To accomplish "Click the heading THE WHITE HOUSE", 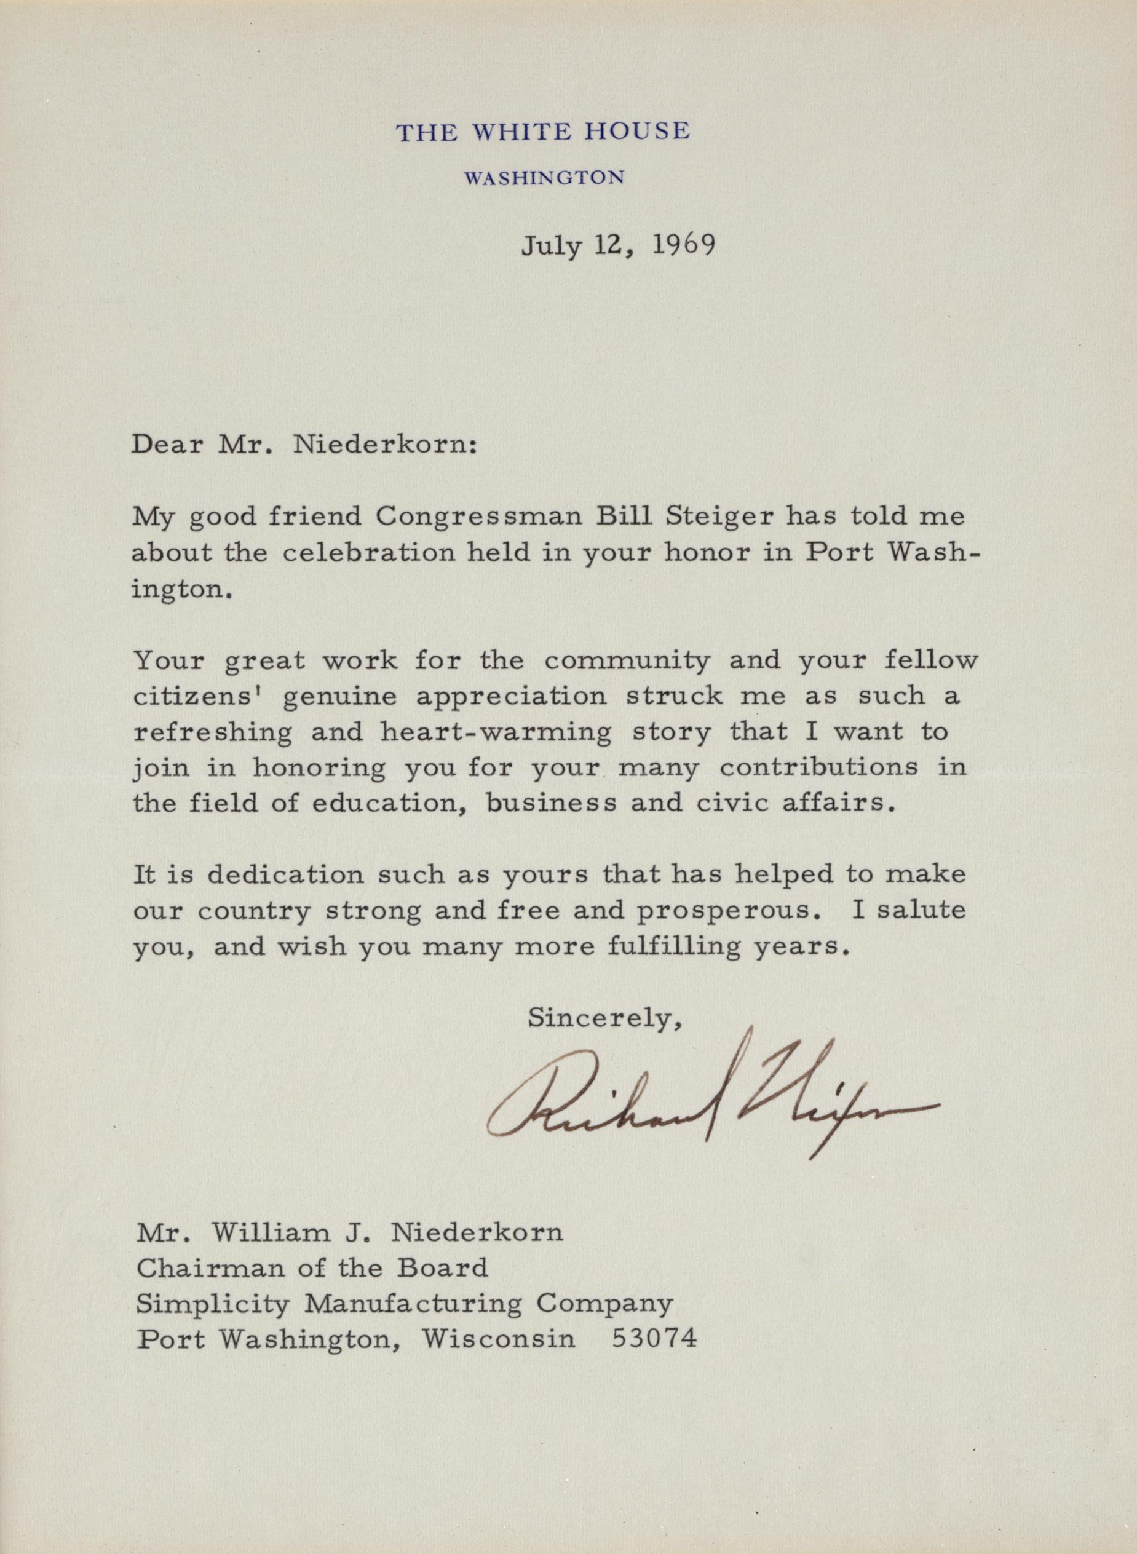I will pyautogui.click(x=542, y=132).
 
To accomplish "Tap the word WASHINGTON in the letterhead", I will pyautogui.click(x=544, y=178).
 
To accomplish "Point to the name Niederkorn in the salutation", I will pyautogui.click(x=384, y=445).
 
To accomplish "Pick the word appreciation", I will pyautogui.click(x=512, y=697).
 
